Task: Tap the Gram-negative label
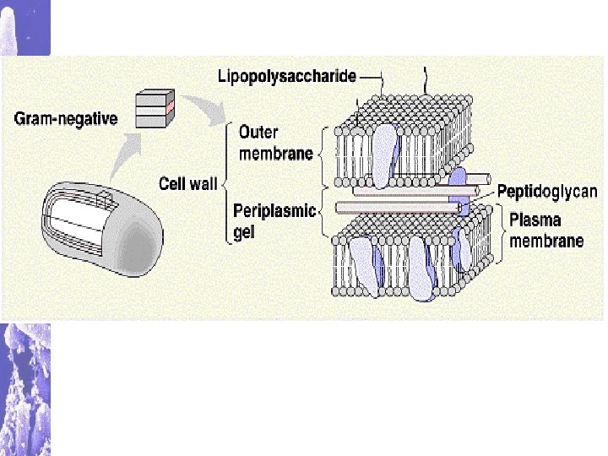tap(66, 118)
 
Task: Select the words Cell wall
tap(188, 182)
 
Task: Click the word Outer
tap(258, 133)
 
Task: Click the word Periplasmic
tap(274, 211)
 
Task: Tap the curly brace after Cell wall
tap(227, 182)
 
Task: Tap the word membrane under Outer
tap(275, 154)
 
